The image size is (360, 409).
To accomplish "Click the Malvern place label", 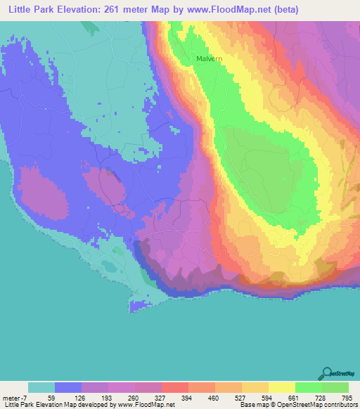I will click(x=210, y=59).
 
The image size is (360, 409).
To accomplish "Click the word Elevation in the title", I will click(x=78, y=9).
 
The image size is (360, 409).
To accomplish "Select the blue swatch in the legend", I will click(x=68, y=387).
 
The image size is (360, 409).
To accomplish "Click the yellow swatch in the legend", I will click(x=282, y=387).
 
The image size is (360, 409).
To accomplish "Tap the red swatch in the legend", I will click(x=175, y=387).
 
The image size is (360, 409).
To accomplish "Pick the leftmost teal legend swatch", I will click(x=41, y=387).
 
